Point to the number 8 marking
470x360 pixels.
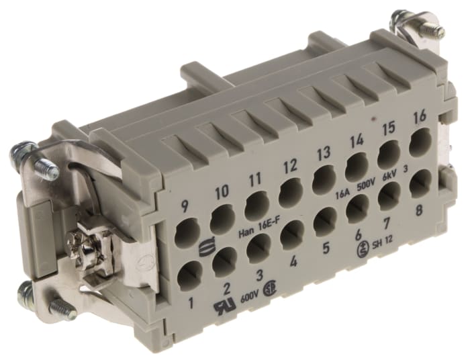(420, 209)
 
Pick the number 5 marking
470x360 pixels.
(327, 248)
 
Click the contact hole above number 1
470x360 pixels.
(189, 274)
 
